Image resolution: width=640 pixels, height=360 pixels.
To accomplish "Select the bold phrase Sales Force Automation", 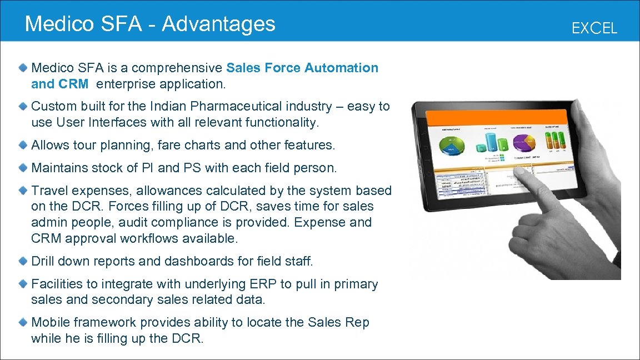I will point(302,68).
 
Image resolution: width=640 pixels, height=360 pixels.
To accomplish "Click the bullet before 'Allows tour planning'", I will point(22,145).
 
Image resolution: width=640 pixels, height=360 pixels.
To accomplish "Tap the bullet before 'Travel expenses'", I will point(22,190).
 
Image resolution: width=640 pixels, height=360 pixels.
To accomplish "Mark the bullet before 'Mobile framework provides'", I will point(22,322).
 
